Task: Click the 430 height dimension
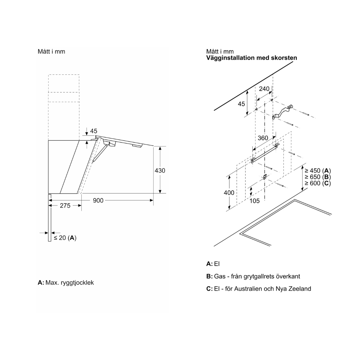[160, 170]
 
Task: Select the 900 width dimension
[98, 200]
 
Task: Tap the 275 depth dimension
[65, 205]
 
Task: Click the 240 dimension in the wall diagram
[264, 89]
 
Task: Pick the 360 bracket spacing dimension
[263, 138]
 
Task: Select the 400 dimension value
[229, 193]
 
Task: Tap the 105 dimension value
[255, 201]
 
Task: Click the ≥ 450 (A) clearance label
[318, 170]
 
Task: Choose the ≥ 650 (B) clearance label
[318, 177]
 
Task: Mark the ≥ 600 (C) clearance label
[318, 183]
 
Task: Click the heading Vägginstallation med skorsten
[251, 58]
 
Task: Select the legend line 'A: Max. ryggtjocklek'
[66, 283]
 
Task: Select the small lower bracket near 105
[265, 177]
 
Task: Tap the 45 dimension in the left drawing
[94, 131]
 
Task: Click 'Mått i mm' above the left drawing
[51, 51]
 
